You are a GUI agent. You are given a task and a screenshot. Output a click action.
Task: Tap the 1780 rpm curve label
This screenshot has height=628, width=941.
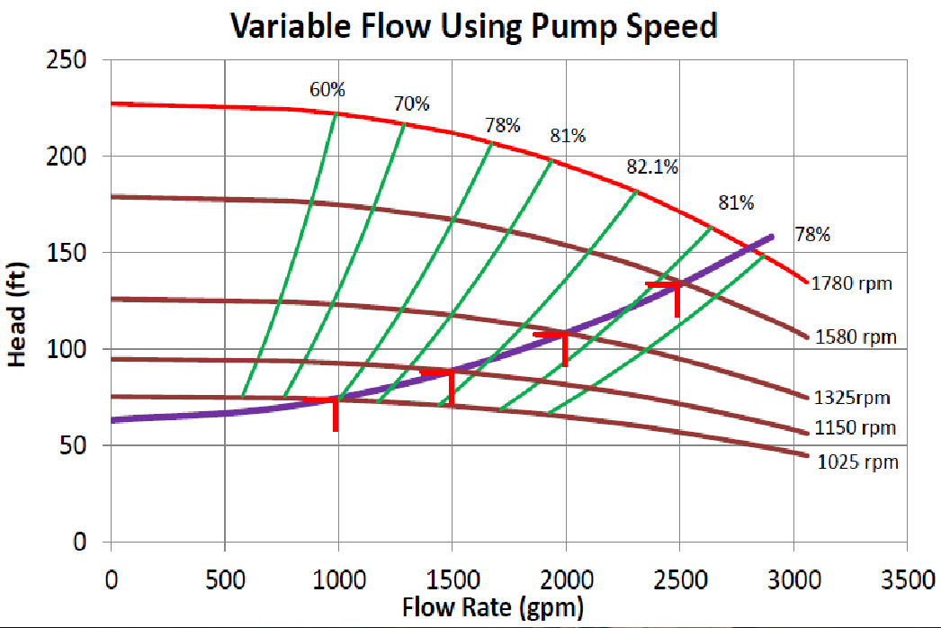[x=851, y=283]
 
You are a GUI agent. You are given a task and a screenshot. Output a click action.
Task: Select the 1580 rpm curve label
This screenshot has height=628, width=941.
[x=856, y=337]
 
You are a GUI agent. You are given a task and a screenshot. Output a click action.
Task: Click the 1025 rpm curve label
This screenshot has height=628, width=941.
[x=857, y=462]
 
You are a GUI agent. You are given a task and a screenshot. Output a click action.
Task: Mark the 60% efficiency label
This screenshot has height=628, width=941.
[x=327, y=89]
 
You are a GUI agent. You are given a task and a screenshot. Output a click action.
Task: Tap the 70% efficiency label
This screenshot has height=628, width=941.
[x=411, y=104]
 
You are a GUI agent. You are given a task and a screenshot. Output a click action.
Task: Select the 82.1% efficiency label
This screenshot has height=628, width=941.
[x=652, y=167]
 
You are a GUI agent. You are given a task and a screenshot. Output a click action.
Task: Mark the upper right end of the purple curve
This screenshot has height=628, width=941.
[x=771, y=238]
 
